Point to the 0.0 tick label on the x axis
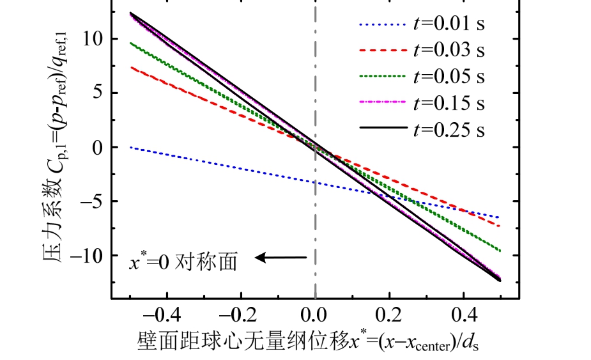click(x=315, y=316)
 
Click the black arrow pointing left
click(x=281, y=258)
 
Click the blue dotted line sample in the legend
click(x=382, y=25)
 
